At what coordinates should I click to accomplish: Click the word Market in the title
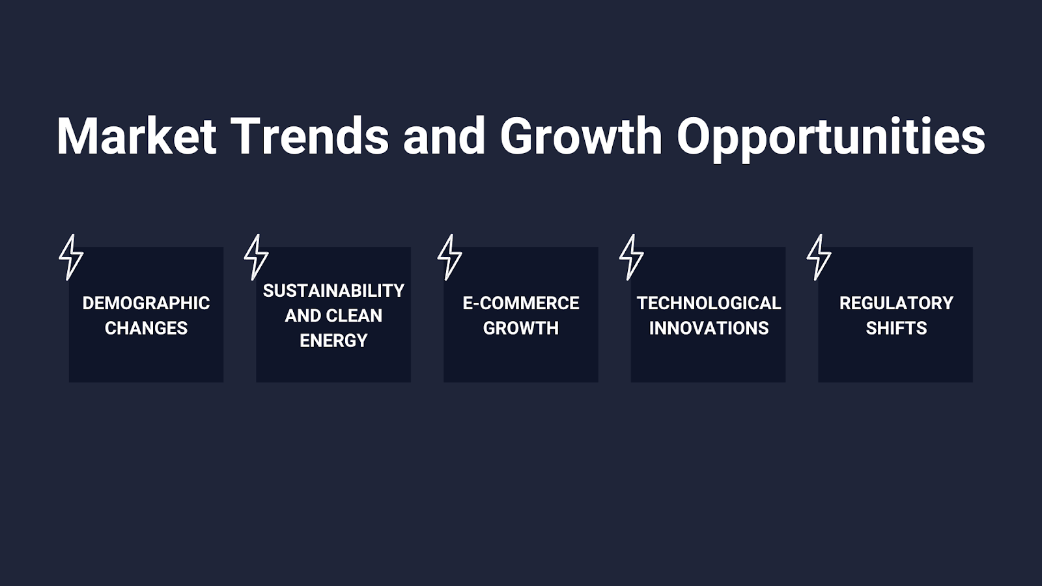137,136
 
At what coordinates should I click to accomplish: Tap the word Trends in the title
309,136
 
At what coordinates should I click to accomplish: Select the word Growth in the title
581,136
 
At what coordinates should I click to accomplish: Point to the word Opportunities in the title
831,138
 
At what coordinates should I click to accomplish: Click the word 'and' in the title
444,136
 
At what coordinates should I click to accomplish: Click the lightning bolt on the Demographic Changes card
71,257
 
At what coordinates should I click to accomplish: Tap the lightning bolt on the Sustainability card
257,257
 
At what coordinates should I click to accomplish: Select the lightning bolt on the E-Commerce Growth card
450,257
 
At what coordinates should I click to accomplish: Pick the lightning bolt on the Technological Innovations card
632,257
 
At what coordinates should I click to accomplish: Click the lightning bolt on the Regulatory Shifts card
819,257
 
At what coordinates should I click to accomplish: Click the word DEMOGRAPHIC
146,303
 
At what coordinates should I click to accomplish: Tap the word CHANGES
146,328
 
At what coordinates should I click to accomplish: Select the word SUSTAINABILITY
333,290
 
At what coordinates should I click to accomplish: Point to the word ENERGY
333,341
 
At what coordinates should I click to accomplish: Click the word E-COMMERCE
521,303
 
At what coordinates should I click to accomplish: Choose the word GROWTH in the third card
521,328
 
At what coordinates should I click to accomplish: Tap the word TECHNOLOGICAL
709,303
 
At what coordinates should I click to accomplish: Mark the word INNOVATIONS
709,328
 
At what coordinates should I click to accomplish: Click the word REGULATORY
896,303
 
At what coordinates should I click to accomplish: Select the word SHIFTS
896,328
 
